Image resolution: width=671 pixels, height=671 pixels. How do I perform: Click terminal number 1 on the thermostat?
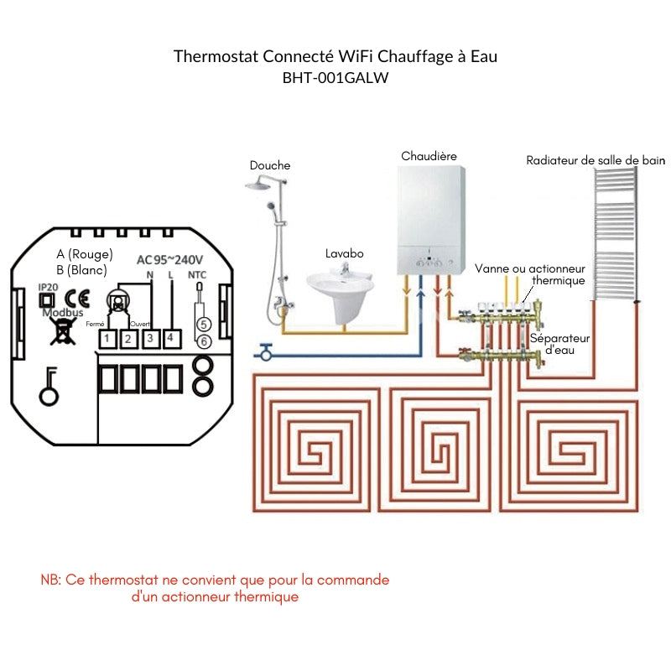click(107, 339)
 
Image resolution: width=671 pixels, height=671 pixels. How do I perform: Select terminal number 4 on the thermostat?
click(170, 338)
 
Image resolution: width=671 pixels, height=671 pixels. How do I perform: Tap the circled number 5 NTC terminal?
click(202, 323)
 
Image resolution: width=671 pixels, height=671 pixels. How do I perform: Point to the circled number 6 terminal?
click(202, 340)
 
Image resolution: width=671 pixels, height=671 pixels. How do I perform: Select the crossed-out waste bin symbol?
click(60, 330)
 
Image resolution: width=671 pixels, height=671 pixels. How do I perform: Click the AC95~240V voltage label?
click(171, 259)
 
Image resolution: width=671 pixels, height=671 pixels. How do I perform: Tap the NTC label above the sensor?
click(196, 275)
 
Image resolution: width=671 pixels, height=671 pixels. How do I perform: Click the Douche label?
click(270, 165)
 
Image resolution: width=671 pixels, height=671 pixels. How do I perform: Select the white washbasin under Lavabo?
click(343, 289)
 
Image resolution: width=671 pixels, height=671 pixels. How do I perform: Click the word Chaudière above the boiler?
click(429, 156)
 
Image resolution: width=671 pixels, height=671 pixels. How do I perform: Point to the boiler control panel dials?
click(429, 261)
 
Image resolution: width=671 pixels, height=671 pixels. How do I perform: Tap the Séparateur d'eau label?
click(559, 344)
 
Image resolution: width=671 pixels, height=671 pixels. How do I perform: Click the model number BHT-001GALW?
click(335, 77)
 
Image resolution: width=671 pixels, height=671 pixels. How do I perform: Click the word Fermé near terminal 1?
click(95, 324)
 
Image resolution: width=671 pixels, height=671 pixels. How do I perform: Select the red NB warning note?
click(215, 588)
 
